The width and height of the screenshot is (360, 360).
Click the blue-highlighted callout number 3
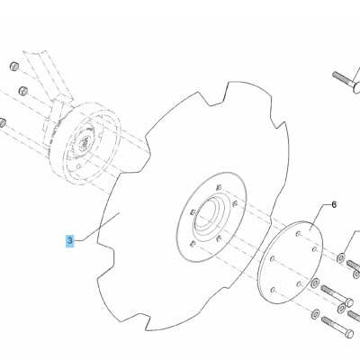click(x=70, y=241)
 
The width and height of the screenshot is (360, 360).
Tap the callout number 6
click(x=334, y=205)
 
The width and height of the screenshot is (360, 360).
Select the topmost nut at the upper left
click(x=14, y=67)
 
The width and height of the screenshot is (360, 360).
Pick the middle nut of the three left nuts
click(x=23, y=91)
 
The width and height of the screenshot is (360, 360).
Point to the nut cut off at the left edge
click(x=3, y=122)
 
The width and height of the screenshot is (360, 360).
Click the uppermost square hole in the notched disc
click(x=219, y=188)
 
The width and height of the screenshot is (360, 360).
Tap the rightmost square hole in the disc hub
click(x=235, y=204)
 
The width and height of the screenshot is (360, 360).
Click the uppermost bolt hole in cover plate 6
click(x=298, y=233)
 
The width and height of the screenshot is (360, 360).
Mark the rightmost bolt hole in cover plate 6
click(x=314, y=249)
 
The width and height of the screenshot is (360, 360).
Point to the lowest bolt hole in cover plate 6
click(x=273, y=290)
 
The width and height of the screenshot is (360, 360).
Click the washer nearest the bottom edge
click(x=315, y=314)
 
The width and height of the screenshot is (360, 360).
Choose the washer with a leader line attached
click(x=341, y=257)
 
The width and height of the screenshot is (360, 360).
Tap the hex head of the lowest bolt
click(x=349, y=334)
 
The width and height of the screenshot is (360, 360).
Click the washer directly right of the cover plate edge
click(x=315, y=283)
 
